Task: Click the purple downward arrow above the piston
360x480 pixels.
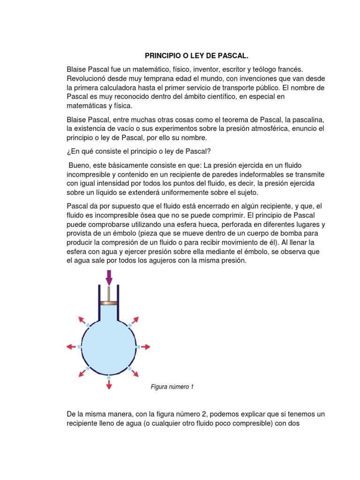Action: (109, 277)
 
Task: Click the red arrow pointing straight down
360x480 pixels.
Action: (109, 384)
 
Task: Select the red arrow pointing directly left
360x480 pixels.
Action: (72, 347)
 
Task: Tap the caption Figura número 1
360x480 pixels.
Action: (172, 387)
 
